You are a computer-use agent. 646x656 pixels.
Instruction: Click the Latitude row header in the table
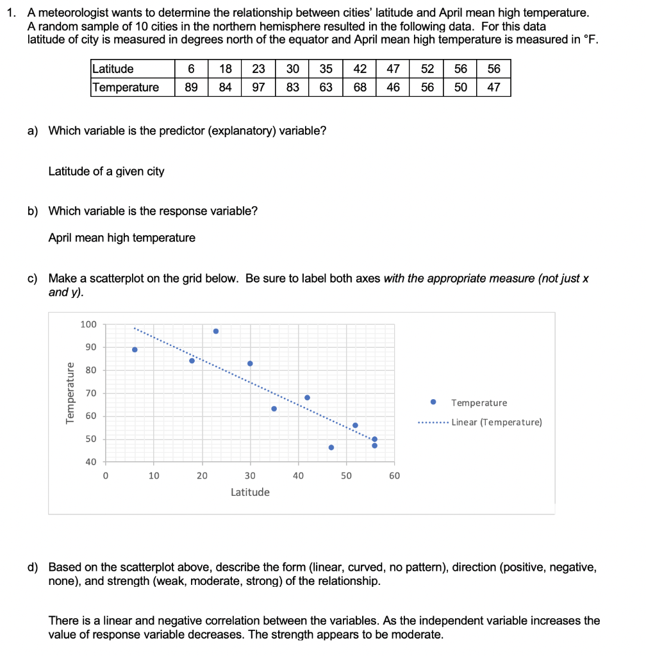(113, 69)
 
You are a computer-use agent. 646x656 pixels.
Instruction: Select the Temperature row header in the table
(126, 87)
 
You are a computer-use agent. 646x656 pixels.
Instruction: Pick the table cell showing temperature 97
(259, 87)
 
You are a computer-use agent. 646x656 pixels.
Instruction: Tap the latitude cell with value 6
(191, 69)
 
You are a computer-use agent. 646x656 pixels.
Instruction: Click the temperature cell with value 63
(326, 87)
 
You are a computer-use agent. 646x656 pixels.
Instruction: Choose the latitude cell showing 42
(360, 69)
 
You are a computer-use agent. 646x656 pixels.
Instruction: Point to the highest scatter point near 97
(216, 331)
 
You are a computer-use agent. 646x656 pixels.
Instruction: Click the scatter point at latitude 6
(135, 349)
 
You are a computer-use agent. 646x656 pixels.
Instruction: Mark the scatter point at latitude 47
(331, 447)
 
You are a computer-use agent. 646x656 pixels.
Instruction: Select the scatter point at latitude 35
(274, 409)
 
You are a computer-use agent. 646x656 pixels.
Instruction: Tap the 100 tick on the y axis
(88, 325)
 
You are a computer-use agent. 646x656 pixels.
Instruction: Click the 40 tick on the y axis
(90, 462)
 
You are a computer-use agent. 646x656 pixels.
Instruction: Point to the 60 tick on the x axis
(394, 476)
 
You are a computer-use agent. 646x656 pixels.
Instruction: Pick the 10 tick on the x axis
(154, 476)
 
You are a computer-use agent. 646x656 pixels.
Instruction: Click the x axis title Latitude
(250, 492)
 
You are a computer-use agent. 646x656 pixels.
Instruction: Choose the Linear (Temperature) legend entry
(497, 422)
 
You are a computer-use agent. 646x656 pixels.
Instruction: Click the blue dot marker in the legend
(434, 402)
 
